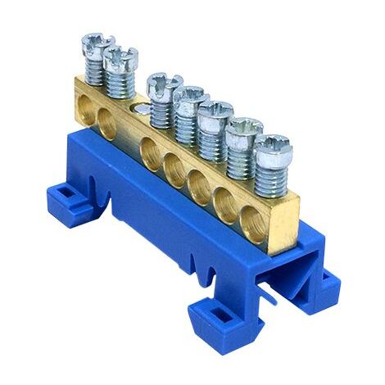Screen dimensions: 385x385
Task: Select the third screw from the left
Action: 163,82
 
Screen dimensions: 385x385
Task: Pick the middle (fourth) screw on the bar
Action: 189,95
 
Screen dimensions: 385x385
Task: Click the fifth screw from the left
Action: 215,110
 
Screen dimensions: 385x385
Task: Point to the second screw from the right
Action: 244,127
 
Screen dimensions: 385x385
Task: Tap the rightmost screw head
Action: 272,144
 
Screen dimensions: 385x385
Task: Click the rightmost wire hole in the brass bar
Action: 249,219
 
